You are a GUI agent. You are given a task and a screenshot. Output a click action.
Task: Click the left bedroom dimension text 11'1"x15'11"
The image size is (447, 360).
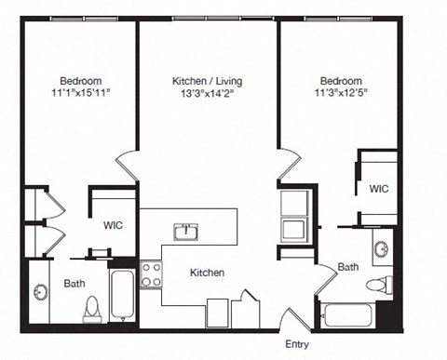[81, 93]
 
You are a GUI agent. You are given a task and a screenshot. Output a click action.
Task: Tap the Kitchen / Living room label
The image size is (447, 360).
[208, 80]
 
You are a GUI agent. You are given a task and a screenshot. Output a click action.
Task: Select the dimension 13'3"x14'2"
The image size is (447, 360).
[208, 93]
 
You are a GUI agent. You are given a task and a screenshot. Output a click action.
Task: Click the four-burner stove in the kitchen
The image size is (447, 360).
[151, 273]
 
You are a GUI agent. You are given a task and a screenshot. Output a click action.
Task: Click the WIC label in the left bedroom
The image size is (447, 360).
[114, 225]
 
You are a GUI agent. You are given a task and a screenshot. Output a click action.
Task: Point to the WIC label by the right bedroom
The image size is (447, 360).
[378, 189]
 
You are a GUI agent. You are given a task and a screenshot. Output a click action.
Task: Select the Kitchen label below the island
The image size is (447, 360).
[206, 273]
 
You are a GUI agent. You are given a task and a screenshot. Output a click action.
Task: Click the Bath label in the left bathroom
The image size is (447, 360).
[74, 283]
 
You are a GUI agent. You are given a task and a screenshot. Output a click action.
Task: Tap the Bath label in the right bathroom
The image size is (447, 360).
[348, 267]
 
